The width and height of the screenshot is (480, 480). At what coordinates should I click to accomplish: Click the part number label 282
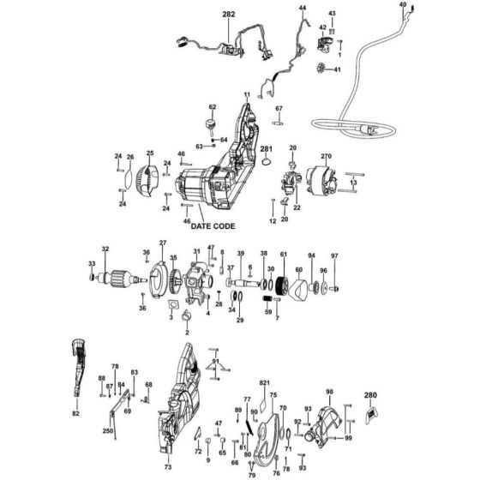click(x=228, y=15)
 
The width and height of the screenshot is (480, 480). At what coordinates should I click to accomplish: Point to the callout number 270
click(x=326, y=156)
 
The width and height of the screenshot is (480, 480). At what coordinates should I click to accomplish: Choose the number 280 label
click(x=370, y=395)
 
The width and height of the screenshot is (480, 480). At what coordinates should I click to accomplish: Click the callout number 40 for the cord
click(x=404, y=5)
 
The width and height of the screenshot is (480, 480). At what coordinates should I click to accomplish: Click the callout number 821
click(x=264, y=381)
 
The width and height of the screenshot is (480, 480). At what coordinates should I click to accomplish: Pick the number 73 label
click(x=168, y=467)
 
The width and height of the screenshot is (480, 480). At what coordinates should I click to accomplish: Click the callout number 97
click(x=335, y=256)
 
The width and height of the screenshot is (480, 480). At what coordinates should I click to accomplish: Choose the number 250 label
click(x=107, y=430)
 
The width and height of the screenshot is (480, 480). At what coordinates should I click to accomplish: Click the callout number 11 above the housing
click(x=247, y=94)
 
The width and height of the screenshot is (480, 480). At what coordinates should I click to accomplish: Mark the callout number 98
click(x=329, y=391)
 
